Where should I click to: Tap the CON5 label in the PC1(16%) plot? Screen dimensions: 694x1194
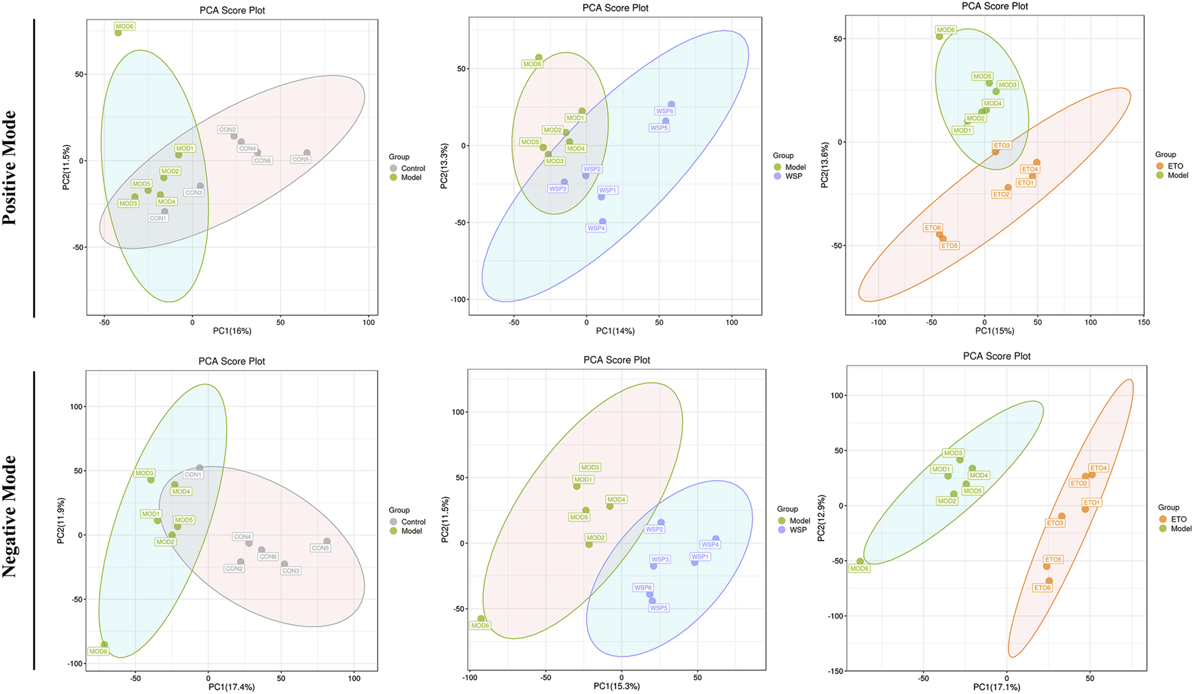301,160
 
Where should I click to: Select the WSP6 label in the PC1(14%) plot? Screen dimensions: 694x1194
664,111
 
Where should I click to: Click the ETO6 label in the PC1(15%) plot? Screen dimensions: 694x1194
933,228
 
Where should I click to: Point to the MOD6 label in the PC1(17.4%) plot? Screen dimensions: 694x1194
98,652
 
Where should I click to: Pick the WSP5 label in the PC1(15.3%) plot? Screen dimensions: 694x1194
658,608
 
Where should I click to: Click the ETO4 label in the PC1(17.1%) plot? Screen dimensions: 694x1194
1098,468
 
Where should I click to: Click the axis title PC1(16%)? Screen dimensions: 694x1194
232,331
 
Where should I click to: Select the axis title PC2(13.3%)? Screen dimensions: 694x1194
444,166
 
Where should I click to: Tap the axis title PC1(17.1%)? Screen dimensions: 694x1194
996,687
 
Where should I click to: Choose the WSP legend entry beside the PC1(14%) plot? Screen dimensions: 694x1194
794,176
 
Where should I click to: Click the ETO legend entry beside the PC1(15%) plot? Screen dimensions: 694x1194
1175,166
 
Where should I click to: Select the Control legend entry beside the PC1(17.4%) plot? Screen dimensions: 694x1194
413,522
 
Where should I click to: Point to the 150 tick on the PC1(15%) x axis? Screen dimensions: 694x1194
1143,322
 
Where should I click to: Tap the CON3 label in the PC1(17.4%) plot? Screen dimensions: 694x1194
291,571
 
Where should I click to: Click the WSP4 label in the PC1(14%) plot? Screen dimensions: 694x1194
596,228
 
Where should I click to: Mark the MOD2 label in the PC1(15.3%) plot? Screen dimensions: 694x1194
595,538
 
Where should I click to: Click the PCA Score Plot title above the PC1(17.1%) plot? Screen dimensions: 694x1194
997,356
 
